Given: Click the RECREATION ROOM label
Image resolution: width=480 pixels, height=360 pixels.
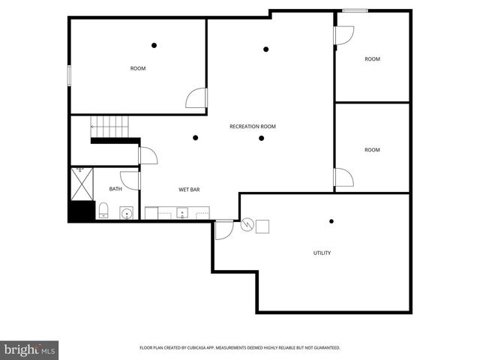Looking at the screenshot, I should point(253,127).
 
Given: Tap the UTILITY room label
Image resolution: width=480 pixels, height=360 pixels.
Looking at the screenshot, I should point(322,253).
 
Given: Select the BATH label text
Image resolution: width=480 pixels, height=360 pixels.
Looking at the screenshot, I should point(115,189).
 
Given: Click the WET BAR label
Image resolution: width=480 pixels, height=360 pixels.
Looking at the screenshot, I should point(188,190).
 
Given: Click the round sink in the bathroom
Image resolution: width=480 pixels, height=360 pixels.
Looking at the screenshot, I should point(126,213).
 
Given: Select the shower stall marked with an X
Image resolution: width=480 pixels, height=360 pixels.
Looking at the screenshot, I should point(81,183).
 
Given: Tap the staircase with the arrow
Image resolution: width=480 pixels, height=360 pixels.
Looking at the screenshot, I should point(109,127).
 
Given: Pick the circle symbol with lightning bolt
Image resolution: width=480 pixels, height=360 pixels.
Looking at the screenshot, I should point(247,226).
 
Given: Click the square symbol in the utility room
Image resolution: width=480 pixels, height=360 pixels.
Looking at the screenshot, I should point(262,226).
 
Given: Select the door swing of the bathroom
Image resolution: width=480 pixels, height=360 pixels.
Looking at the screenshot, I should point(130,181).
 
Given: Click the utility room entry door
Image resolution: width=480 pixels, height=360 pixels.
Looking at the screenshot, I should point(223,229).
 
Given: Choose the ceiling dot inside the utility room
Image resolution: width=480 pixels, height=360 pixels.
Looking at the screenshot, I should point(331,220).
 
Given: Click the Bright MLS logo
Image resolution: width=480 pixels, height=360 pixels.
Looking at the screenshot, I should point(30,349).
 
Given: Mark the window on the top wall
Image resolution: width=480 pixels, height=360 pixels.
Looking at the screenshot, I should point(355,10).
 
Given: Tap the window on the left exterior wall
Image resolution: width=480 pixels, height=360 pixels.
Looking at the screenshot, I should point(69,76).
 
